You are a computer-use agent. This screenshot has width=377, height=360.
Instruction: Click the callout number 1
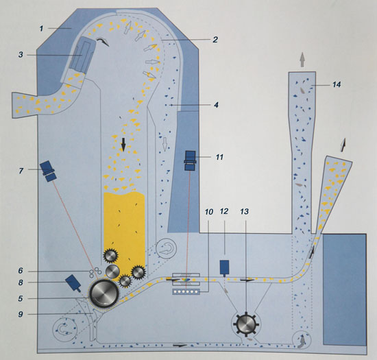point(41,29)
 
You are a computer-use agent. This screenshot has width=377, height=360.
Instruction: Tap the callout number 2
point(215,40)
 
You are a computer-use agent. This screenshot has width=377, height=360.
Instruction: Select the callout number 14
point(337,84)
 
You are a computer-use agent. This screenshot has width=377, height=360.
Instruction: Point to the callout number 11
point(219,157)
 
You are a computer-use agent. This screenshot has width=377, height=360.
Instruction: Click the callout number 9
point(21,314)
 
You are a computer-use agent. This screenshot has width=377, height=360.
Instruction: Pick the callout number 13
point(245,212)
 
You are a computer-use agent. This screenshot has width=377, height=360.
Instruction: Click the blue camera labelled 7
point(48,171)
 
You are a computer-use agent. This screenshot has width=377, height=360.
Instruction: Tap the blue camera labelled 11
point(191,160)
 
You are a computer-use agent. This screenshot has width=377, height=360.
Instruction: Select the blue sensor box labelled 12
point(224,267)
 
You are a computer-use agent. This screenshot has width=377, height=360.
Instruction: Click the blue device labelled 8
point(73,283)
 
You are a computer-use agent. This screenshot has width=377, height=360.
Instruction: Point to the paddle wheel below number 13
point(246,324)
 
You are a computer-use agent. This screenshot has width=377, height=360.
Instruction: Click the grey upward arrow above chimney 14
point(302,60)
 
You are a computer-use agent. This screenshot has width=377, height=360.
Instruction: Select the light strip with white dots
point(186,291)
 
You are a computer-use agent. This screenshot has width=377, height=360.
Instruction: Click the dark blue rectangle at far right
point(345,290)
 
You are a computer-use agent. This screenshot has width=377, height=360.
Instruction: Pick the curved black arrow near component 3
point(103,42)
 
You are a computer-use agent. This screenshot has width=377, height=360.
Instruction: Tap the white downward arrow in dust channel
point(165,144)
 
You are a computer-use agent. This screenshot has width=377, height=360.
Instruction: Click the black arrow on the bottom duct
point(180,346)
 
